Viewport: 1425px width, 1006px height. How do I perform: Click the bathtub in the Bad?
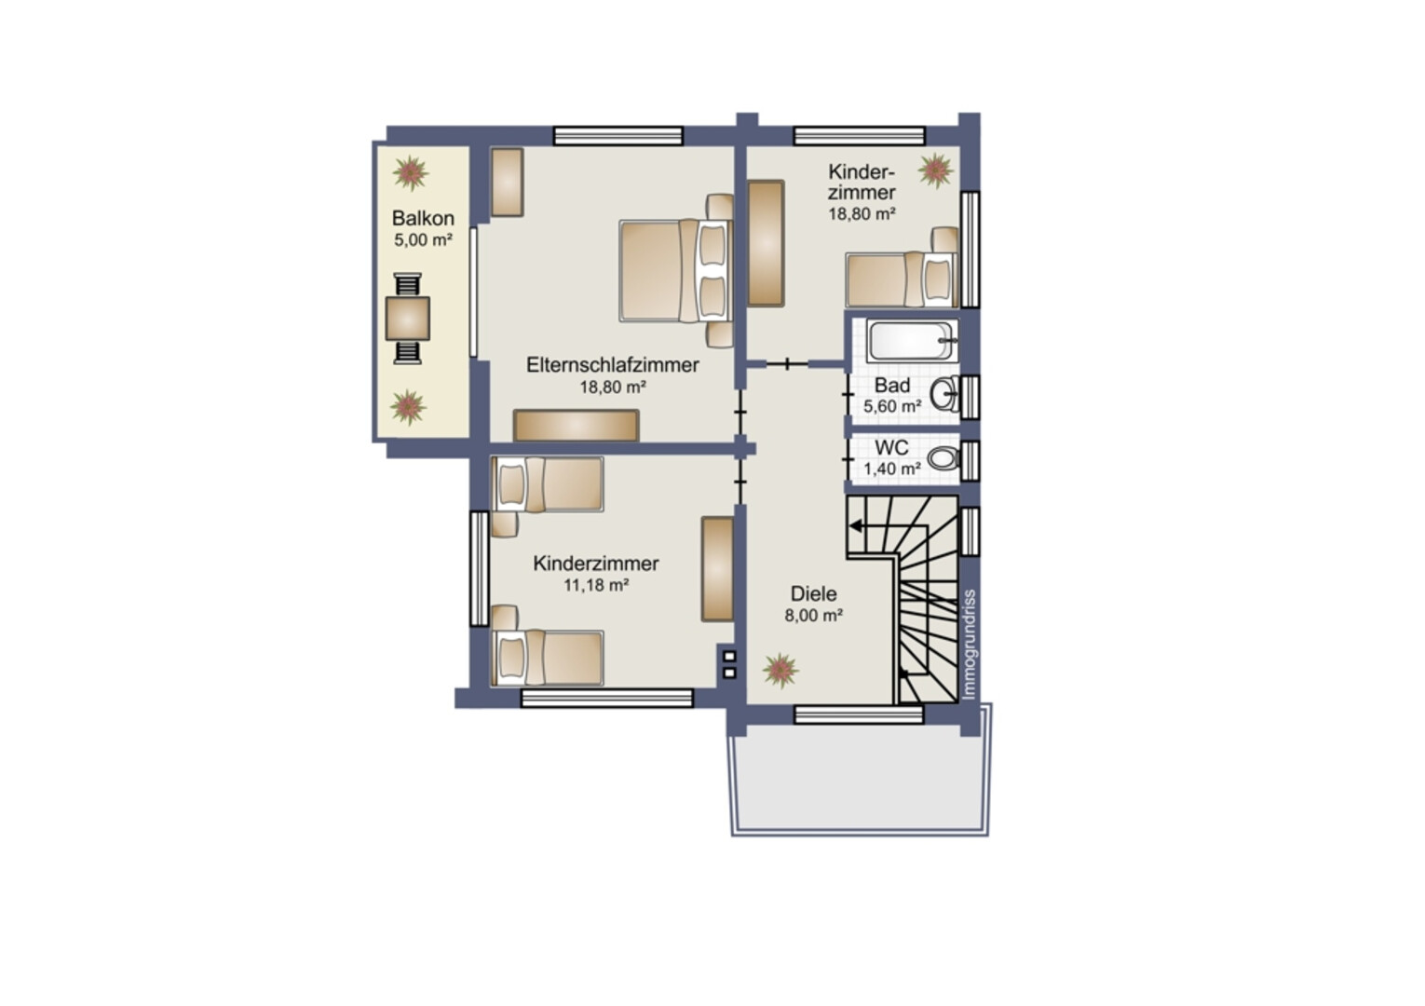coord(912,340)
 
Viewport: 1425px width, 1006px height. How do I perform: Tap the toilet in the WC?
coord(944,458)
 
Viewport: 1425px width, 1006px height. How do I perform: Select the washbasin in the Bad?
coord(945,394)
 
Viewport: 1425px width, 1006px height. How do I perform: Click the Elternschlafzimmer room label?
coord(613,365)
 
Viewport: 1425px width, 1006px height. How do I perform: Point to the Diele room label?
coord(814,593)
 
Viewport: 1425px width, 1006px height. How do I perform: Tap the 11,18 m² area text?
coord(597,585)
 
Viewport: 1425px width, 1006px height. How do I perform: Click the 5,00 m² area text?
coord(423,240)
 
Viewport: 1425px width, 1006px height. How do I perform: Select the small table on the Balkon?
coord(408,319)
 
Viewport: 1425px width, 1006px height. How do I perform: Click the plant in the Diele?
coord(780,671)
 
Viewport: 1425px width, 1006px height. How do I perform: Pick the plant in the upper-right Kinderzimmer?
coord(936,170)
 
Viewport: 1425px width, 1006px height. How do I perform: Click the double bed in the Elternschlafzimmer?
coord(675,270)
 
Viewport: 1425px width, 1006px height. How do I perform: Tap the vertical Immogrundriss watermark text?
coord(969,646)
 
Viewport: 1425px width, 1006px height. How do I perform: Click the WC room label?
coord(891,447)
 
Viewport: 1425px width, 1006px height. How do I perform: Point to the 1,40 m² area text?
coord(892,469)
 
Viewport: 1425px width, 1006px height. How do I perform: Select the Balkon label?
coord(423,218)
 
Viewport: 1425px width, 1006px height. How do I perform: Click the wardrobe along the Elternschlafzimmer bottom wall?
coord(576,426)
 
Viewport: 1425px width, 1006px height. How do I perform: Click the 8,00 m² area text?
coord(814,616)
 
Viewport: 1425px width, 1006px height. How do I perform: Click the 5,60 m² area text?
coord(892,406)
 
